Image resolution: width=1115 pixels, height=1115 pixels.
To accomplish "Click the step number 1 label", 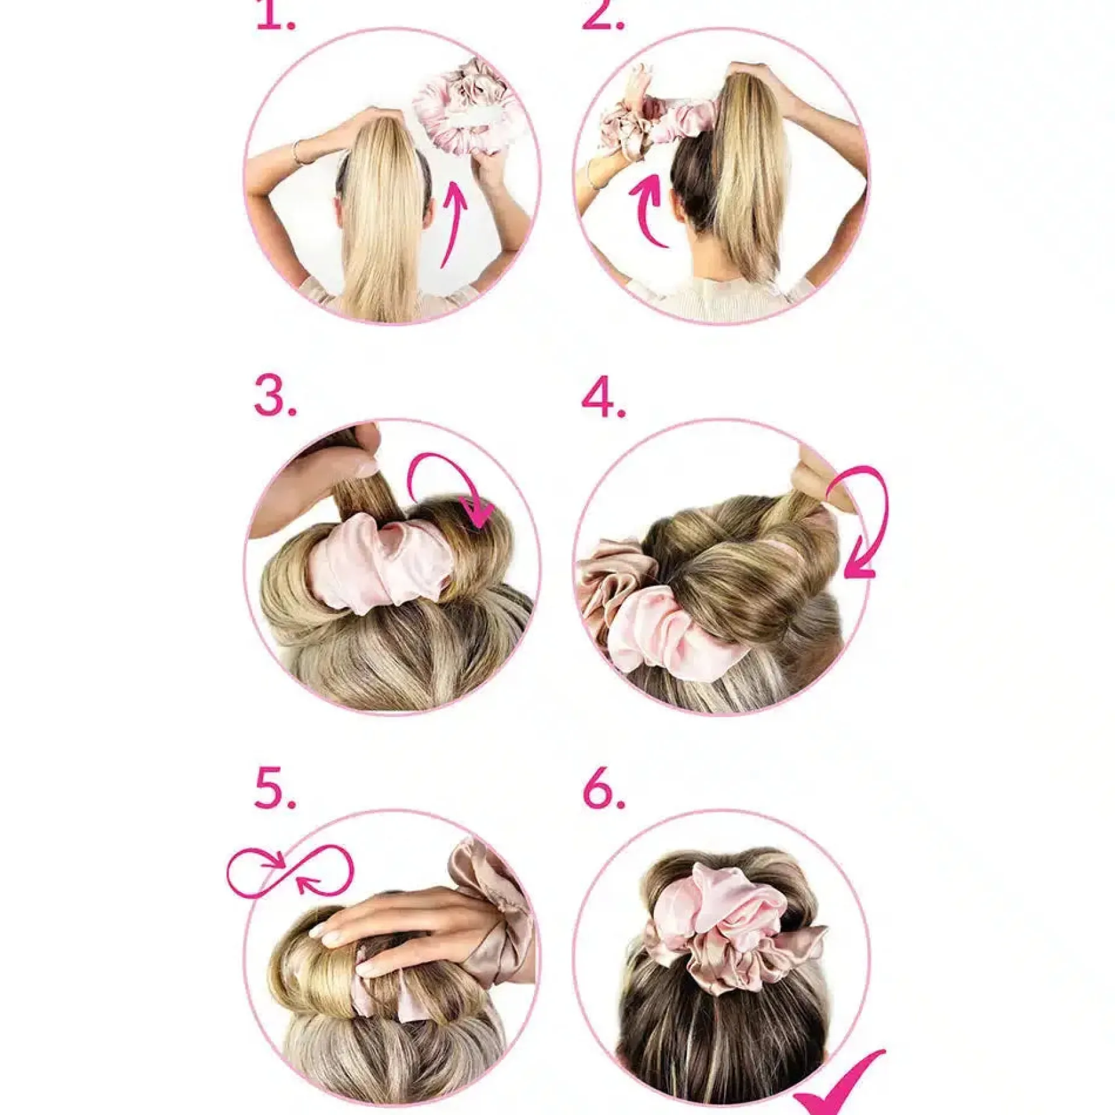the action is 276,16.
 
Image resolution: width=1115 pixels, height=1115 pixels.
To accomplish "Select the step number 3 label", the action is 276,396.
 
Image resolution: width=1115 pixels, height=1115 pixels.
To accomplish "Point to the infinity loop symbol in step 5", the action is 290,870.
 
